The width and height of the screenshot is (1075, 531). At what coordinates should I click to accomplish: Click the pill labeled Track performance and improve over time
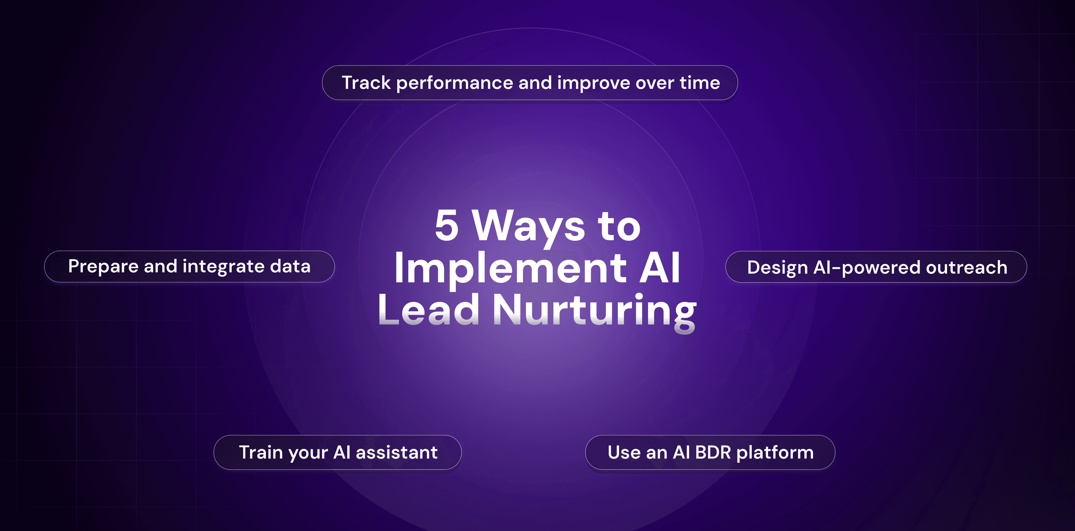tap(530, 83)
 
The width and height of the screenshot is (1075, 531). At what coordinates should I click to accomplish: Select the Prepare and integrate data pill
tap(190, 266)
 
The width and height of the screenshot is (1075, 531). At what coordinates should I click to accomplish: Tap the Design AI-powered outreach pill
tap(876, 267)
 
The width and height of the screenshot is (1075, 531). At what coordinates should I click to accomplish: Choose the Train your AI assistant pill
tap(338, 452)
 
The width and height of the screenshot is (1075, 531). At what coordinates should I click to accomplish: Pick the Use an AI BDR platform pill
tap(710, 452)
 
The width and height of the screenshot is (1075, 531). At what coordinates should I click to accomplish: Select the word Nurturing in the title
tap(595, 312)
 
